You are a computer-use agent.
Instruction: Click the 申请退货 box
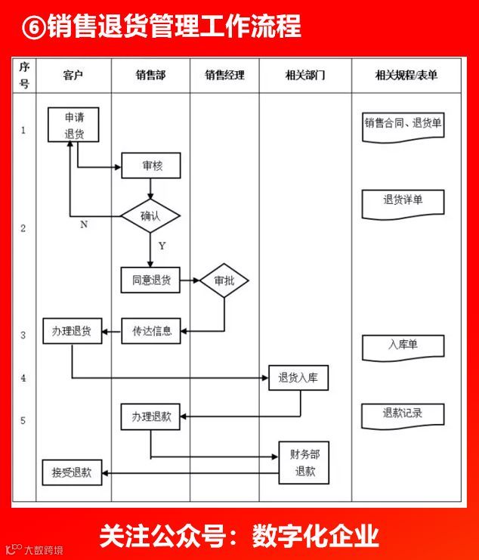(x=73, y=125)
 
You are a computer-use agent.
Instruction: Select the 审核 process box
(x=151, y=166)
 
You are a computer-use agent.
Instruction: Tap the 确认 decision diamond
(x=151, y=217)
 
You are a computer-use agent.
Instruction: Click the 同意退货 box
(x=151, y=280)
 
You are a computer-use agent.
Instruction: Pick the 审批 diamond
(x=224, y=280)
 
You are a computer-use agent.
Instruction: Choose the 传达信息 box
(x=151, y=331)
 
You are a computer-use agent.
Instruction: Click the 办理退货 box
(x=72, y=331)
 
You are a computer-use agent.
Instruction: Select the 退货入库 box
(x=298, y=378)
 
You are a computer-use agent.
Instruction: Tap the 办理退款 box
(x=151, y=416)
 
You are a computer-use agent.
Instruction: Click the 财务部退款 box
(x=304, y=463)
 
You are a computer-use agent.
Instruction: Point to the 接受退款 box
(x=72, y=472)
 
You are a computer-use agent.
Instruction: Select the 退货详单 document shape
(x=403, y=200)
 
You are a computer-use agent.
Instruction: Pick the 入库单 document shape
(x=403, y=345)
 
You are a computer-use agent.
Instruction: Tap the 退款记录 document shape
(x=403, y=413)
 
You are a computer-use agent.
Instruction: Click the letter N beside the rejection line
(x=84, y=224)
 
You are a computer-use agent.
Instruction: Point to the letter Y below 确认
(x=162, y=246)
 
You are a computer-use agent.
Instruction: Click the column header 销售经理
(x=224, y=75)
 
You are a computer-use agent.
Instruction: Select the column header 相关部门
(x=305, y=75)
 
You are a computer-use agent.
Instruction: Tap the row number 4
(x=23, y=378)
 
